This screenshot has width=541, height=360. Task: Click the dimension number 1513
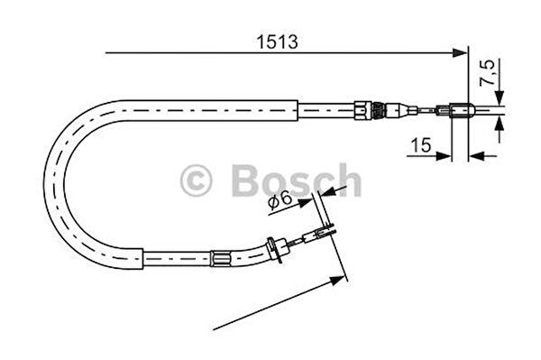[x=277, y=42]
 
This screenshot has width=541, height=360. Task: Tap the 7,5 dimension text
[x=488, y=72]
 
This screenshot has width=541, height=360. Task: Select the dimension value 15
[x=421, y=145]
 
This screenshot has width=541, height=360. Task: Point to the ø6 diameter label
[x=280, y=200]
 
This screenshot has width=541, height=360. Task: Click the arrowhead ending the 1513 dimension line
[x=460, y=53]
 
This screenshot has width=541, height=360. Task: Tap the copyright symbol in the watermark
[x=196, y=180]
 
